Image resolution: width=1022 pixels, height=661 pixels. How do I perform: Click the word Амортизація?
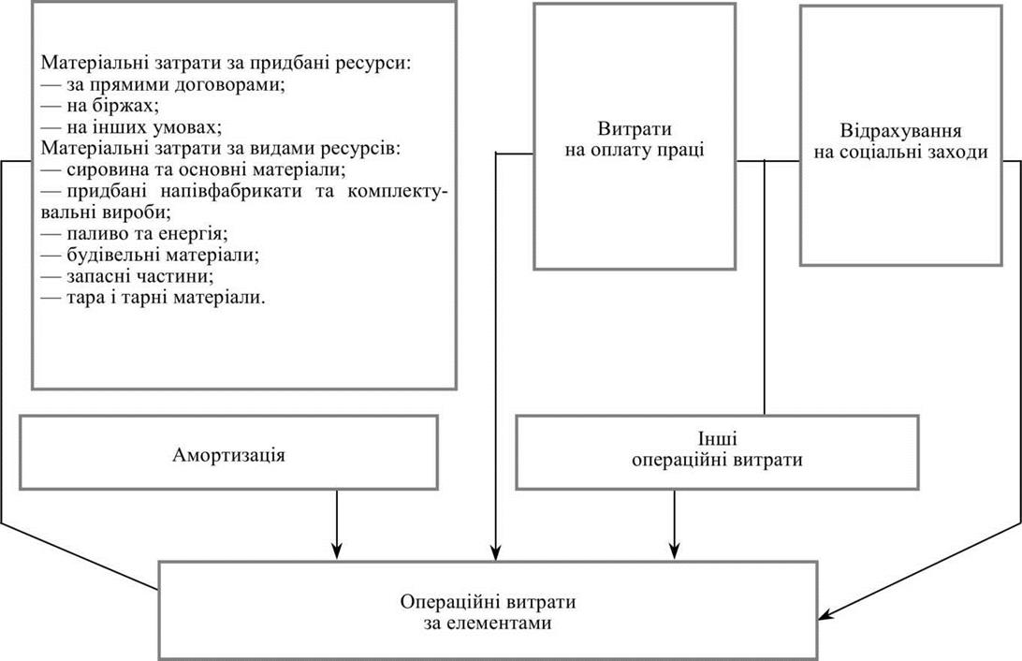228,454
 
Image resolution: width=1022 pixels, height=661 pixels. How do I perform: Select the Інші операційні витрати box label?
717,449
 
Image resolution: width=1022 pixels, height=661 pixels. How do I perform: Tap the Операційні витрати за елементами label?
488,612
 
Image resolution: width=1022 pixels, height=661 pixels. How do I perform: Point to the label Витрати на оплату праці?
635,140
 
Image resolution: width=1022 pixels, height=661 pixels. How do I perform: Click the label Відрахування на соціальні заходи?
900,140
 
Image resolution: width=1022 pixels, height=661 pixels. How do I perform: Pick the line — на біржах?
100,106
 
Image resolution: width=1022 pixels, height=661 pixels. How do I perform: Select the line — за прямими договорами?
163,85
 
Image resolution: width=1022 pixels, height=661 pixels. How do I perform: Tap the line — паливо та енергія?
134,233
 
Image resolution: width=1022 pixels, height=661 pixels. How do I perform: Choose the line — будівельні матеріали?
150,255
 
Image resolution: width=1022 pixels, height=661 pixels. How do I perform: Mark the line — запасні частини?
127,276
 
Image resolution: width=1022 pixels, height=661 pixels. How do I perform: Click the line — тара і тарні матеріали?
153,297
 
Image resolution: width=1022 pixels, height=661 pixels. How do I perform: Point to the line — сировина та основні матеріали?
194,169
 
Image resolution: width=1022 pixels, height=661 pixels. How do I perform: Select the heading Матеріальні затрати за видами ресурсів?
221,148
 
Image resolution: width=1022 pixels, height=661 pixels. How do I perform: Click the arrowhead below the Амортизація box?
337,551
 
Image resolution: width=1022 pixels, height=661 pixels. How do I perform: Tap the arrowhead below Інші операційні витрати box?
675,551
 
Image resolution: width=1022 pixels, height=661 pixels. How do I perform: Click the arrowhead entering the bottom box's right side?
825,614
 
